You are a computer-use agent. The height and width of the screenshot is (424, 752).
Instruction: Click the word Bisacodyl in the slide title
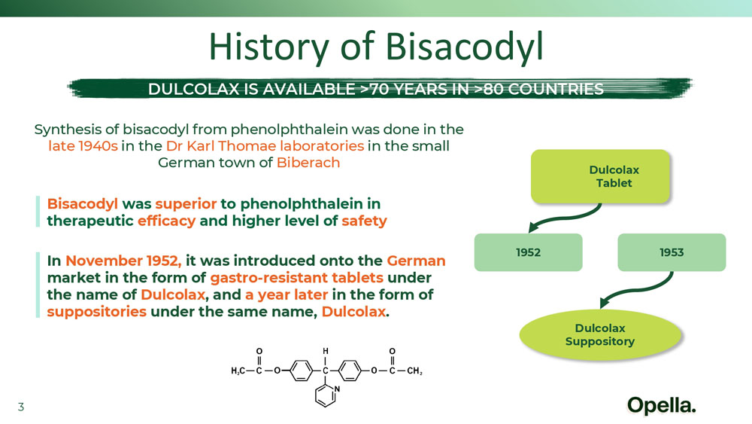(464, 47)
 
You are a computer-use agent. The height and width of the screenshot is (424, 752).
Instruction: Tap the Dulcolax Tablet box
(600, 176)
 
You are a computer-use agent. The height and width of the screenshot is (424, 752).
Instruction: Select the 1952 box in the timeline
(528, 252)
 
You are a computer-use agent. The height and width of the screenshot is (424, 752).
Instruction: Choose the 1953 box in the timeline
(672, 252)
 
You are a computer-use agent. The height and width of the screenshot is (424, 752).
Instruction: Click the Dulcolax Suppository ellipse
(600, 334)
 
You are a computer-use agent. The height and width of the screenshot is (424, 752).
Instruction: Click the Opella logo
(661, 406)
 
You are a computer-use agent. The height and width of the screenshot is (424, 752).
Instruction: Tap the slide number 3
(20, 407)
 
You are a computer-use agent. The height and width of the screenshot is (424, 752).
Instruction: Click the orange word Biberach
(308, 163)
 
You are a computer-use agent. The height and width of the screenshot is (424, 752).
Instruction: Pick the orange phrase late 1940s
(83, 146)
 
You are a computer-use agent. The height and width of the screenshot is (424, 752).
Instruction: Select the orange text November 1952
(123, 261)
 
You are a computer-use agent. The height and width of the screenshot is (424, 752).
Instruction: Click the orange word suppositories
(96, 312)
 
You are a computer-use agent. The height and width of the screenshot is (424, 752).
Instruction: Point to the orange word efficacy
(166, 221)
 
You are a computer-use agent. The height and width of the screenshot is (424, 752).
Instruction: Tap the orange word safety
(364, 221)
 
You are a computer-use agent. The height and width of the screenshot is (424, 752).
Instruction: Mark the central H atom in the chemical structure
(326, 352)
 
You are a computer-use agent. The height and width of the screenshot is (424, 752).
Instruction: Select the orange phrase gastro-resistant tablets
(296, 278)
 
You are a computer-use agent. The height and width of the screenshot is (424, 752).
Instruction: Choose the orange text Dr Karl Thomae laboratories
(265, 146)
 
